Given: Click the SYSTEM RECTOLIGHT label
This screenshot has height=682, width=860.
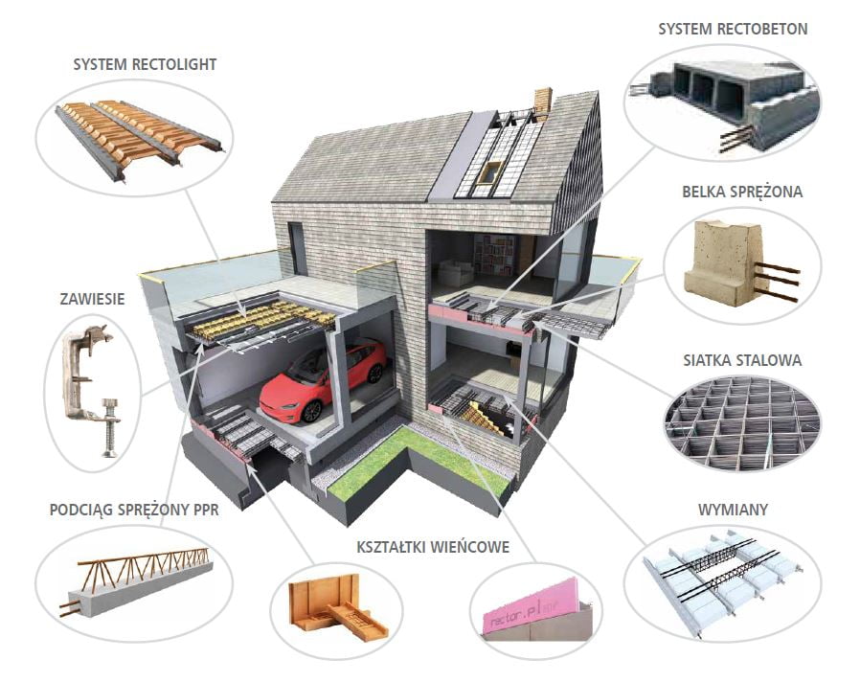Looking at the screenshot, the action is click(x=145, y=64).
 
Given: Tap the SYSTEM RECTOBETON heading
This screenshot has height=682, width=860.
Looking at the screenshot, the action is click(x=733, y=29).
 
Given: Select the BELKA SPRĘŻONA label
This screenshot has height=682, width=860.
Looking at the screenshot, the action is click(x=742, y=192).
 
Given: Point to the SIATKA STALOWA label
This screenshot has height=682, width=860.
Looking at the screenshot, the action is click(x=742, y=360).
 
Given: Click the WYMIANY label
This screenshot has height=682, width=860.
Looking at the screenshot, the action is click(x=733, y=510).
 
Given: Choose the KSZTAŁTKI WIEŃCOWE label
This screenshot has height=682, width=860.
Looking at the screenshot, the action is click(x=433, y=547).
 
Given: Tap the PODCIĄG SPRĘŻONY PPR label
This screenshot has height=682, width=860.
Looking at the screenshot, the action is click(x=134, y=510).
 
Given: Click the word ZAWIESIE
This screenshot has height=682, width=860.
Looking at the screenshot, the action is click(x=92, y=299).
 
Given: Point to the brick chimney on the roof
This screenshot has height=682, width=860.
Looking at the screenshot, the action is click(x=543, y=103).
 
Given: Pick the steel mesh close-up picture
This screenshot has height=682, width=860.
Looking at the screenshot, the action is click(x=742, y=422).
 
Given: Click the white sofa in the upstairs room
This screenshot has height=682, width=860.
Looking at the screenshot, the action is click(x=455, y=272).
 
